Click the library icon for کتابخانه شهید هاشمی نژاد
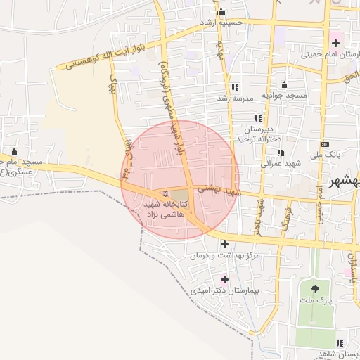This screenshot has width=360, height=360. coord(166,193)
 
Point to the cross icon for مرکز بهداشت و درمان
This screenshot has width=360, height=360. coord(224,245)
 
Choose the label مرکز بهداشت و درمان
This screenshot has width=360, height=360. coord(225,255)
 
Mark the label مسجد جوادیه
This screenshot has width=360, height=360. coord(282,95)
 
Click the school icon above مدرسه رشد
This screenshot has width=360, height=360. coord(235,88)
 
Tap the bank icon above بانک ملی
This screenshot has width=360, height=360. coord(325,144)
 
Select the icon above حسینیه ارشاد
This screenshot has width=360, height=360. coord(222,12)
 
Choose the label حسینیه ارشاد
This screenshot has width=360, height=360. coord(221,22)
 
